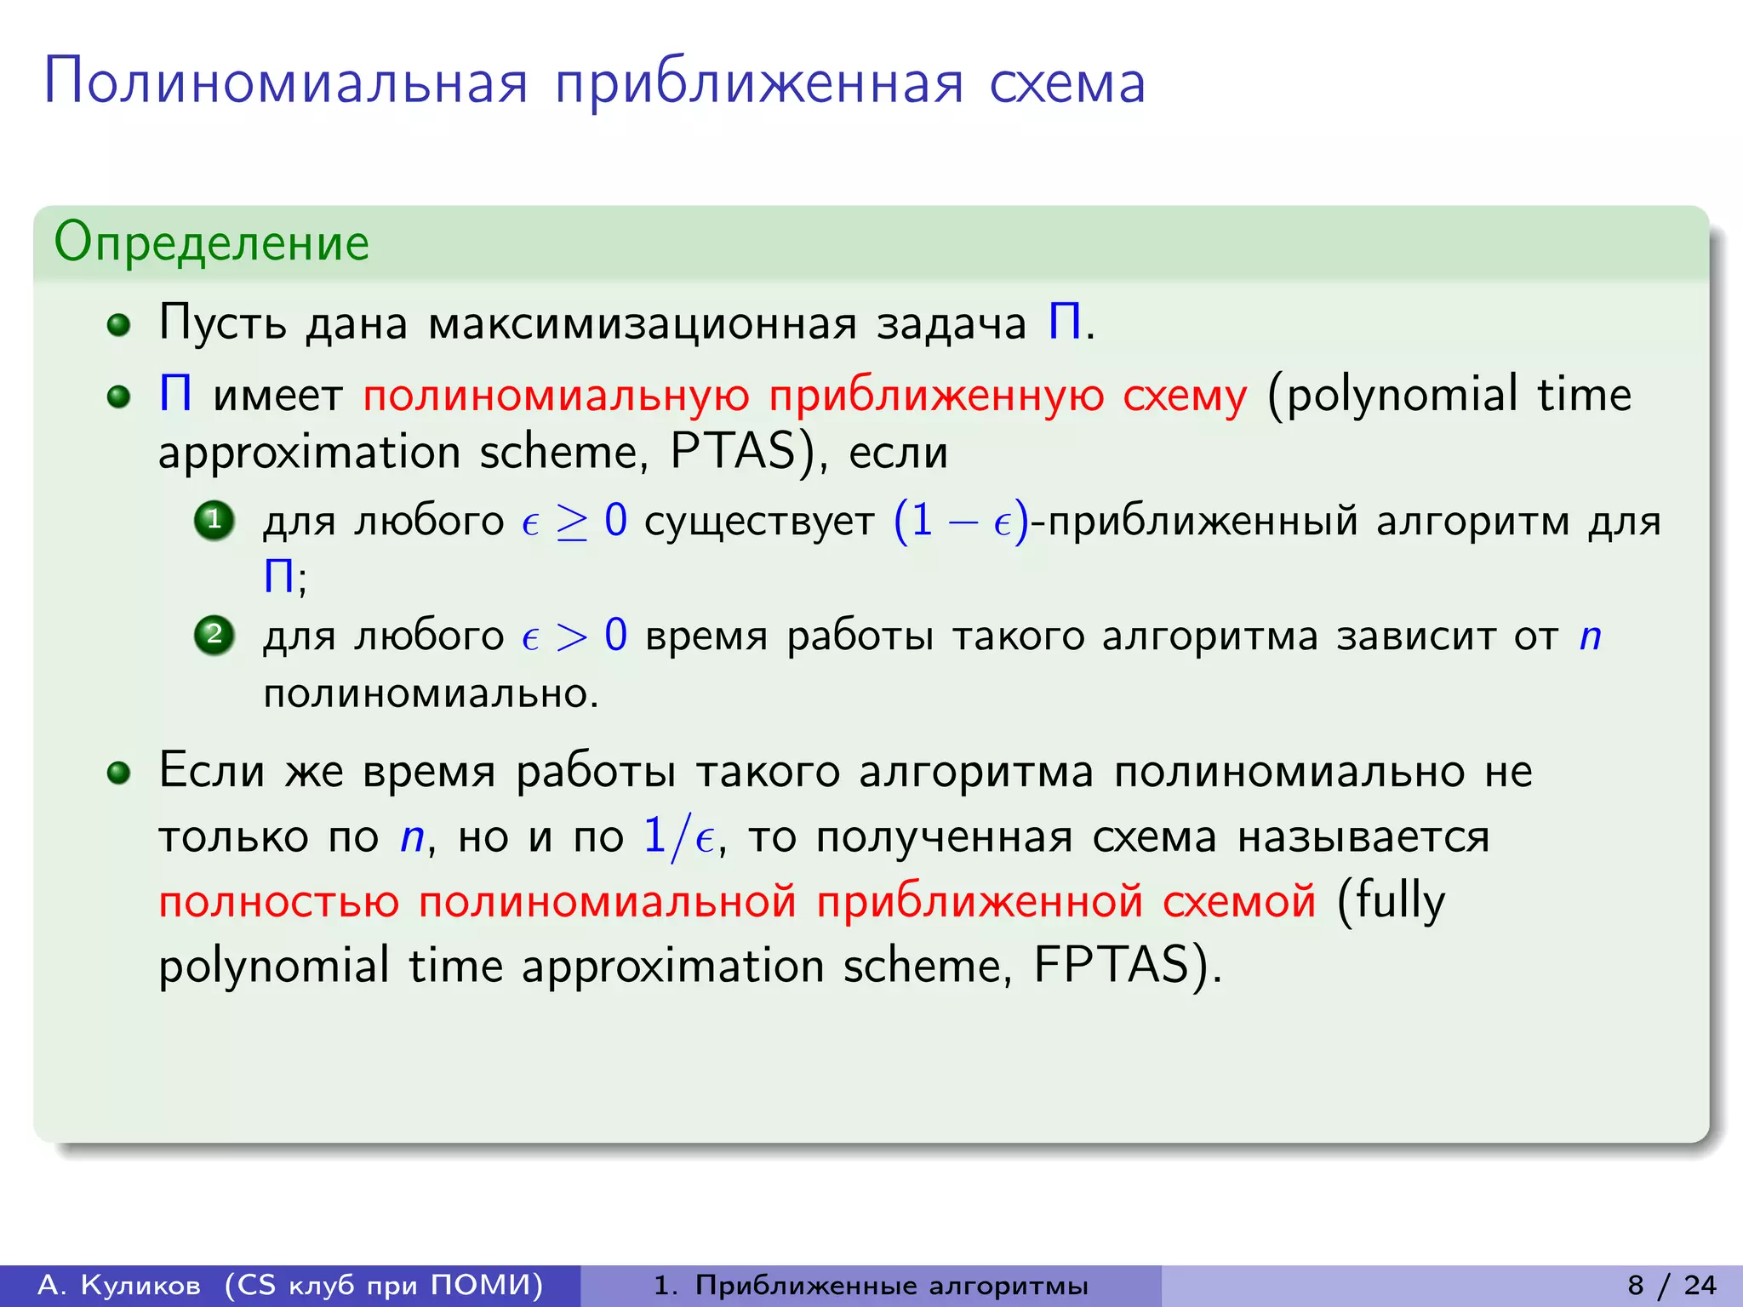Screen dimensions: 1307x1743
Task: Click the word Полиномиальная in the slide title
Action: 286,83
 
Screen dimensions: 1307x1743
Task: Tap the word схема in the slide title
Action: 1067,83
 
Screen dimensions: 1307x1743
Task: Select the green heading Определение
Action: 211,243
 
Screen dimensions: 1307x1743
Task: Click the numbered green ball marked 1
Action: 214,520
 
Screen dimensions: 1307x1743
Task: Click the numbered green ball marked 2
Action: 214,635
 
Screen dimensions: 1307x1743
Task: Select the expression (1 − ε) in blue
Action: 961,521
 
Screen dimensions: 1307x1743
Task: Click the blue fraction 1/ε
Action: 678,836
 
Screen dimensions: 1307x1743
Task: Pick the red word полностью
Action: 279,901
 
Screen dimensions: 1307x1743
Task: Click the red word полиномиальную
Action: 556,396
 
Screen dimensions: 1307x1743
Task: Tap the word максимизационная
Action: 643,324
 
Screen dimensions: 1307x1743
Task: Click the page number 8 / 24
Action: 1672,1285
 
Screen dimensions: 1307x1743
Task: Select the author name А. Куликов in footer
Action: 120,1285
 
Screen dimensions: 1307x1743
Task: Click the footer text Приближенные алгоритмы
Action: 891,1285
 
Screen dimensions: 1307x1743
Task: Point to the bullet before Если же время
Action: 119,773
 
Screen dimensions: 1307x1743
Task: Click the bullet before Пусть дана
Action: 119,325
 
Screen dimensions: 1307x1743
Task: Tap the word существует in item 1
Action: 759,521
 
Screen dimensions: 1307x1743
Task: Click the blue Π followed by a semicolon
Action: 279,577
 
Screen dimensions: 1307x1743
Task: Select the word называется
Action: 1363,836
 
